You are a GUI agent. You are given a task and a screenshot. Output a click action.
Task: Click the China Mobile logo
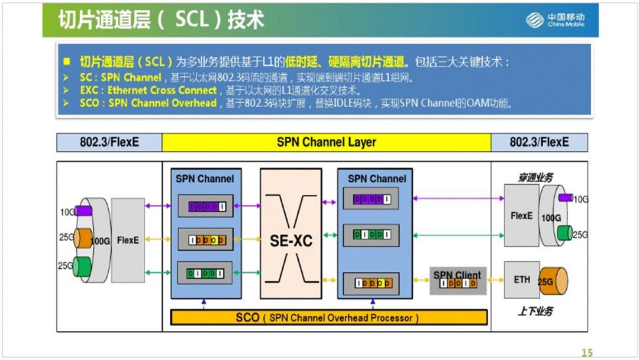(556, 20)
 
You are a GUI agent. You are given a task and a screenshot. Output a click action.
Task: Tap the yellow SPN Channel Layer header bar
(326, 143)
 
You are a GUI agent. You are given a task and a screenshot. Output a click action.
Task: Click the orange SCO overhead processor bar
(328, 317)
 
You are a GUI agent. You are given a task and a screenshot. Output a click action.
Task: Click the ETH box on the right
(522, 279)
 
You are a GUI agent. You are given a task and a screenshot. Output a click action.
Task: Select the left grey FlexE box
(128, 240)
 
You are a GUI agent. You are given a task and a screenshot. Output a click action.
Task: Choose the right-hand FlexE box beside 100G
(521, 216)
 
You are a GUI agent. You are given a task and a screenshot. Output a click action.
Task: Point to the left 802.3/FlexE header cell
(109, 143)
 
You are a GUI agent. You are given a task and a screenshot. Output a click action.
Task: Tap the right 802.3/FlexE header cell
(539, 143)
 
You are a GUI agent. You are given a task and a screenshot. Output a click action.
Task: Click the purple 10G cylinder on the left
(84, 211)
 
